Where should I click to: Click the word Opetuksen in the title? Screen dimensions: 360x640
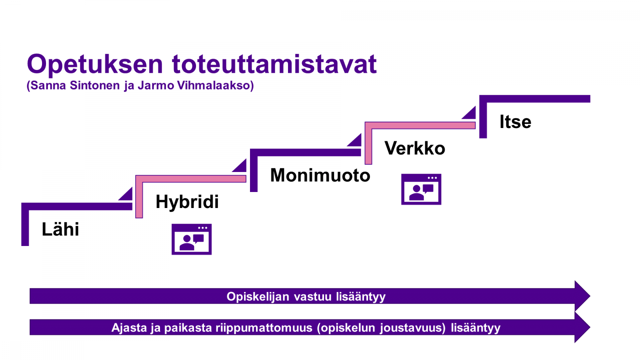tap(95, 64)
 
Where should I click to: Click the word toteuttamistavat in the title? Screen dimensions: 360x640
tap(274, 64)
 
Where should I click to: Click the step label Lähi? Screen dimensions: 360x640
tap(60, 229)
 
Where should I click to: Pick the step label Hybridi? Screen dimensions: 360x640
tap(187, 202)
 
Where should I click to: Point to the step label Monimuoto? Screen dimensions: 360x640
tap(320, 175)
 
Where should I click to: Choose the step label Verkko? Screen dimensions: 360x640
tap(415, 148)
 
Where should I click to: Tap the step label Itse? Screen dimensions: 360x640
tap(515, 122)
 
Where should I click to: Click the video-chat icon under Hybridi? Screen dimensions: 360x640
tap(192, 239)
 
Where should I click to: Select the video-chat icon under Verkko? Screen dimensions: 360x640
tap(421, 189)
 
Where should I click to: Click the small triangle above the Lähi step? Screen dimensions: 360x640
tap(127, 195)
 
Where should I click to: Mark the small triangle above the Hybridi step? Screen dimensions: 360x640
tap(241, 167)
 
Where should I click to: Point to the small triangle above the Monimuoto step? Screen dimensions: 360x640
tap(356, 141)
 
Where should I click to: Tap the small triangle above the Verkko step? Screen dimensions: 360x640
tap(470, 114)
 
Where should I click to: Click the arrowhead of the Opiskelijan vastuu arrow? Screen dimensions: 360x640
tap(582, 296)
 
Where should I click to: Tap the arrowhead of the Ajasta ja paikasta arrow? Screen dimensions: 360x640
tap(582, 327)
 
